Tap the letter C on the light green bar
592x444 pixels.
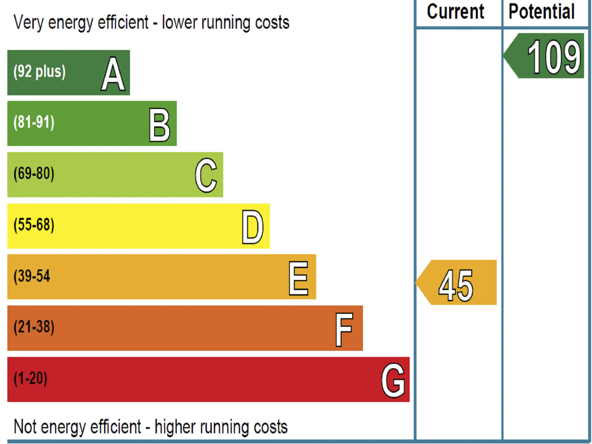click(206, 175)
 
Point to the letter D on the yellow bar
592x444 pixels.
click(253, 227)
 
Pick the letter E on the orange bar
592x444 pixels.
click(299, 278)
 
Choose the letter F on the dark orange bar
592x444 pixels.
click(344, 329)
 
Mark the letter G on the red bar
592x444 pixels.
click(393, 380)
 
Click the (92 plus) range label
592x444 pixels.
click(40, 71)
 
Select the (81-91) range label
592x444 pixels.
click(34, 122)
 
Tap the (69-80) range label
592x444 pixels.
click(34, 173)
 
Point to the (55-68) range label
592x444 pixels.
click(34, 225)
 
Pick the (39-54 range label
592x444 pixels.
click(32, 276)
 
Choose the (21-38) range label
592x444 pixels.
click(34, 327)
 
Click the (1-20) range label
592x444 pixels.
click(30, 378)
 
